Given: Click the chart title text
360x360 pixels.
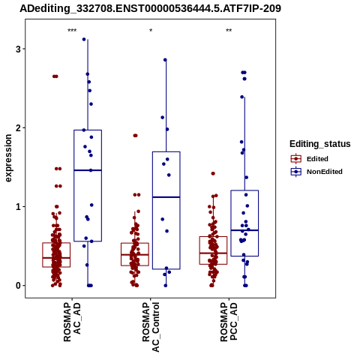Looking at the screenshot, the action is click(x=150, y=8).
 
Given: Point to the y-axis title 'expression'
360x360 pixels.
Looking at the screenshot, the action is click(x=8, y=158).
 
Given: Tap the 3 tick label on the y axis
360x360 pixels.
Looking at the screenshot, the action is click(x=18, y=49).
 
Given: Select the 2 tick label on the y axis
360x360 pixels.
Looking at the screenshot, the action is click(x=18, y=128).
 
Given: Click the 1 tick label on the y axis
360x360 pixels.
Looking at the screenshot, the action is click(x=18, y=207).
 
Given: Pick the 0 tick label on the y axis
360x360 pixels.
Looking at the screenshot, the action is click(x=18, y=286).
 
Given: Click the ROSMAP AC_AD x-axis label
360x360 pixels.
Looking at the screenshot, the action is click(x=72, y=322).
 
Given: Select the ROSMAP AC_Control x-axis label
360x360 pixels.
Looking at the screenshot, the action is click(x=151, y=327).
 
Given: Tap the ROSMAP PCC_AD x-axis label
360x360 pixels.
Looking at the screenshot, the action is click(x=229, y=322).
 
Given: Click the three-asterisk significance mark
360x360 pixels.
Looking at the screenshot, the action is click(x=72, y=31).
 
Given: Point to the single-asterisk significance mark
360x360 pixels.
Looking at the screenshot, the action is click(x=151, y=31).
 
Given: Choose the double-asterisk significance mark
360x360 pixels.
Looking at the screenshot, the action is click(x=229, y=31).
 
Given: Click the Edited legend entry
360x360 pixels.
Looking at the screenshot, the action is click(x=309, y=159).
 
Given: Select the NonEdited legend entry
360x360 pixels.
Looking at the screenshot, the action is click(x=316, y=172).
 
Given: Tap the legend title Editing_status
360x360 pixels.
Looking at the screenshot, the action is click(x=320, y=144).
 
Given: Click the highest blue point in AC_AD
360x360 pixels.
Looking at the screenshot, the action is click(x=84, y=39).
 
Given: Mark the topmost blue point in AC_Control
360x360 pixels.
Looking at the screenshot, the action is click(x=165, y=60).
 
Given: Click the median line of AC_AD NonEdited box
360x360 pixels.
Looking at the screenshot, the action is click(x=88, y=170).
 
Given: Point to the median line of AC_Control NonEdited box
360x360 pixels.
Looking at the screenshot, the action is click(x=166, y=197).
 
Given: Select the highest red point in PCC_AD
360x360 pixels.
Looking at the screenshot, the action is click(x=213, y=173).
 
